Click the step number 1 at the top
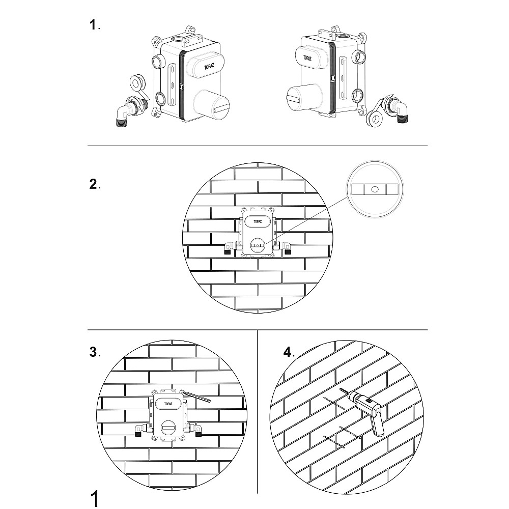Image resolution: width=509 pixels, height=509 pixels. click(x=93, y=25)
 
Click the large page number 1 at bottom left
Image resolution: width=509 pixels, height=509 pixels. click(x=94, y=499)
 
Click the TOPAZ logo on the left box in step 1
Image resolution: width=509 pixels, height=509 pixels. click(x=209, y=67)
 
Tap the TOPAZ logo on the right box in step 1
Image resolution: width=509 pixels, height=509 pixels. click(x=307, y=58)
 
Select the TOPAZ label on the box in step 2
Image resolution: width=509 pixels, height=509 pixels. click(x=258, y=221)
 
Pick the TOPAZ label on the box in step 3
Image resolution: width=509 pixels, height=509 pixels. click(x=168, y=404)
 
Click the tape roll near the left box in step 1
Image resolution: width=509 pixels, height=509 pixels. click(x=137, y=83)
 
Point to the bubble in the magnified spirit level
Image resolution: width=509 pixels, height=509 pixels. click(x=375, y=189)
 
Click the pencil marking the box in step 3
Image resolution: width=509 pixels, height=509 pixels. click(x=196, y=397)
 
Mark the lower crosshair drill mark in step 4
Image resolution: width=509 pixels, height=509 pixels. click(x=342, y=437)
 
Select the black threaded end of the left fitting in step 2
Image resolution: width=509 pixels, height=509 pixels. click(x=228, y=251)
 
